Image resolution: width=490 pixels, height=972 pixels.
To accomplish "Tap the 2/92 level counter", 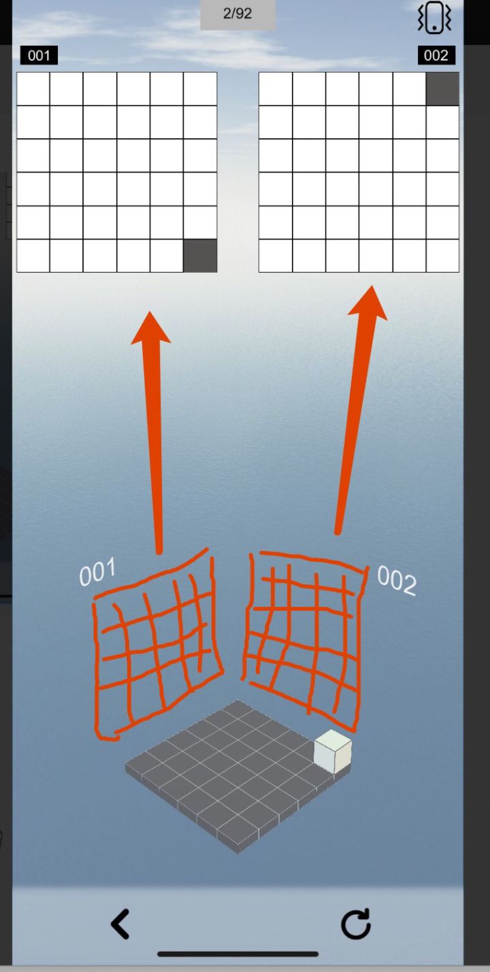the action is click(x=238, y=14).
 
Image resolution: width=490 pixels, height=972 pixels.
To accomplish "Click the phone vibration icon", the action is click(x=434, y=18).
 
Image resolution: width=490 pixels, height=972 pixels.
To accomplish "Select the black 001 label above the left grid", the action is click(x=39, y=56).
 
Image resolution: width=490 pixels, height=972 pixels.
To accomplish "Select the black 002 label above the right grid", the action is click(x=436, y=56).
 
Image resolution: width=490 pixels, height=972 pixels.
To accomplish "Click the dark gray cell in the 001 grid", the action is click(x=200, y=256).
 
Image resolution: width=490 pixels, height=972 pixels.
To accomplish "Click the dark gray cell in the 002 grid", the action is click(x=442, y=89).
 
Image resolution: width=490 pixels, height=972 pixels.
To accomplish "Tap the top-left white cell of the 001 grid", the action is click(x=33, y=89).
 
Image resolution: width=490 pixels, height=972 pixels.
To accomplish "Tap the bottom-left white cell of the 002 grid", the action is click(x=276, y=256).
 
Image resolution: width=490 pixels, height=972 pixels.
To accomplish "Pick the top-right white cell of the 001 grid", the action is click(x=200, y=89).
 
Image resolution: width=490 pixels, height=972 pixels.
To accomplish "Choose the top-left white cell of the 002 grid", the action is click(x=276, y=89).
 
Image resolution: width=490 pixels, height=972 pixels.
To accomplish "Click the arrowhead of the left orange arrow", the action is click(x=150, y=328).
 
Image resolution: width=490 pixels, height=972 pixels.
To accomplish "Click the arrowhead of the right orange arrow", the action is click(x=370, y=303).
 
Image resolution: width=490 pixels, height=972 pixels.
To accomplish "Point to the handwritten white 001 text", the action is click(x=97, y=572).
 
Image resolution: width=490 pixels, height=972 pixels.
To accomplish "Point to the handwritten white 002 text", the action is click(x=397, y=581).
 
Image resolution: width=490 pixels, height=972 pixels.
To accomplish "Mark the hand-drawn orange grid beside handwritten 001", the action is click(x=159, y=644).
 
